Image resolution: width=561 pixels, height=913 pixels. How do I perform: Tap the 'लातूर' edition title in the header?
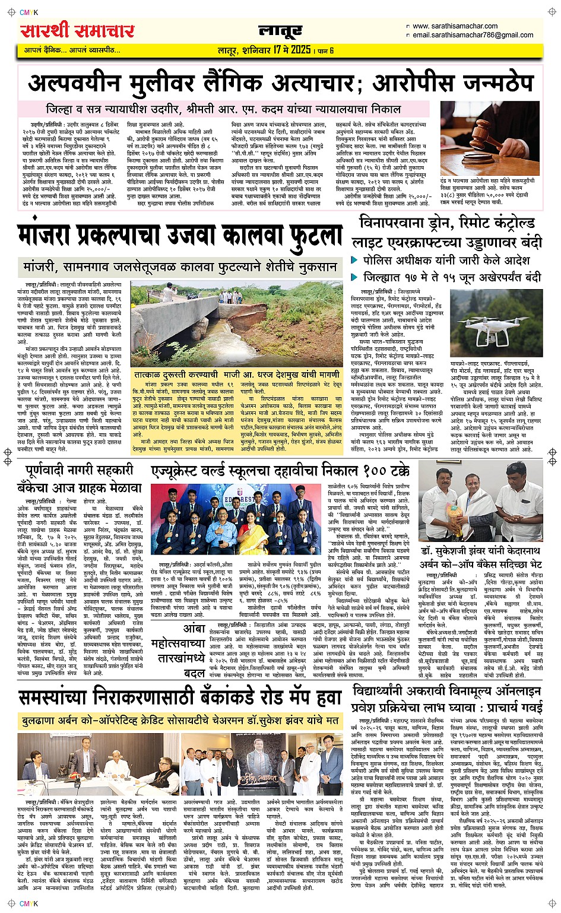click(280, 30)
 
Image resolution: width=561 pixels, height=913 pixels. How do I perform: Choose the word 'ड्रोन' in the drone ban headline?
click(442, 223)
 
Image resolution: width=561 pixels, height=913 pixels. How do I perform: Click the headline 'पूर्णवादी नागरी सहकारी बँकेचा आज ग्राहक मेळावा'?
click(80, 479)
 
